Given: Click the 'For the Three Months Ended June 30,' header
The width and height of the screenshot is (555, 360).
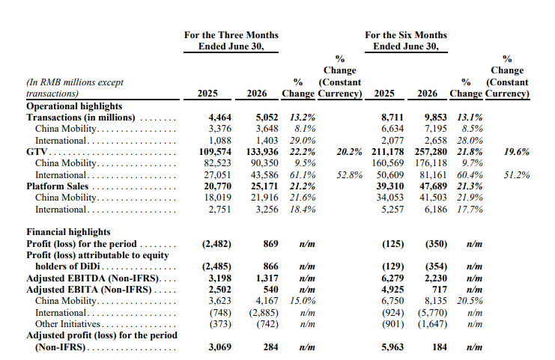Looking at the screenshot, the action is (x=231, y=40).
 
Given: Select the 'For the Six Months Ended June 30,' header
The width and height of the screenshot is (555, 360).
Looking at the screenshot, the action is (x=406, y=40).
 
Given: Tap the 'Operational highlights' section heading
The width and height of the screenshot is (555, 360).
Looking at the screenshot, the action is (x=74, y=106).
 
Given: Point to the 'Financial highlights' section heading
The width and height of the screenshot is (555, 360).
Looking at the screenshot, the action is (x=68, y=232).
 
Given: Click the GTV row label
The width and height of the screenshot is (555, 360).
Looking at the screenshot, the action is (x=37, y=152).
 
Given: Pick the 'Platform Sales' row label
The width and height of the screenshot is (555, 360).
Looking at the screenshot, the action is (x=58, y=186).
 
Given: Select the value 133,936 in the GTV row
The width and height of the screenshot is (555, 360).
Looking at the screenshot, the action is (x=262, y=152).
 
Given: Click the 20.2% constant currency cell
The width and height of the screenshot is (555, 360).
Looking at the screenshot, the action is (x=349, y=152).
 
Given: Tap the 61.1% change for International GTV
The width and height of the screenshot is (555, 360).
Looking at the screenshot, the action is (x=303, y=175).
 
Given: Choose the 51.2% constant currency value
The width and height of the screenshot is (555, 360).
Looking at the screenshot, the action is (x=517, y=175).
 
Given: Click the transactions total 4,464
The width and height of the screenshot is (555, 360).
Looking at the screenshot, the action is (x=219, y=118).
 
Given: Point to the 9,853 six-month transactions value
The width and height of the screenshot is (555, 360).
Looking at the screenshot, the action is (x=436, y=118).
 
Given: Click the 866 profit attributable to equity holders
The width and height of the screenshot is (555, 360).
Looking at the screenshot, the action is (x=271, y=266).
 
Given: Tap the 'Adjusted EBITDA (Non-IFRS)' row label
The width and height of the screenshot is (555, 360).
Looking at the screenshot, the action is (x=93, y=278).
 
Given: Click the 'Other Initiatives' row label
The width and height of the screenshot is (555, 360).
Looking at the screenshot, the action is (x=67, y=324).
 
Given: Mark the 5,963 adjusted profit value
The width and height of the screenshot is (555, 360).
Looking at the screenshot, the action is (x=392, y=347).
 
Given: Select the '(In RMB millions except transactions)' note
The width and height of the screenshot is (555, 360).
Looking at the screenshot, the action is (x=75, y=88).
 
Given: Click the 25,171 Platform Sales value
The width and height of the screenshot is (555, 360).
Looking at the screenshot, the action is (x=264, y=186).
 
